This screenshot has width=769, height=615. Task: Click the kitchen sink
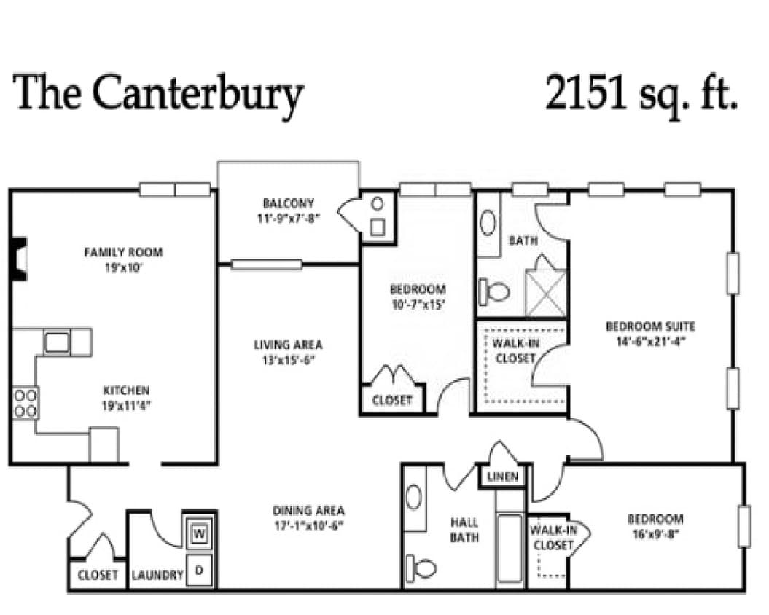click(x=56, y=341)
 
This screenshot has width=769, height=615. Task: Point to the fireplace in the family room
click(x=19, y=258)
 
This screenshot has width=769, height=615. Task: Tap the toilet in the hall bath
click(x=421, y=565)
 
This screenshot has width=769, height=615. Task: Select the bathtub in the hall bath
click(x=509, y=549)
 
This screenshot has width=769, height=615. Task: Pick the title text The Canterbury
click(x=158, y=93)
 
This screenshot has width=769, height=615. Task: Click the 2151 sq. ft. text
click(x=641, y=93)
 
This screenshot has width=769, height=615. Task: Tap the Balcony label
click(x=289, y=203)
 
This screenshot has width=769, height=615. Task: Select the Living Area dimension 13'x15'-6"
click(x=288, y=359)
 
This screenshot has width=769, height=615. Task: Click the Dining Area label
click(x=308, y=511)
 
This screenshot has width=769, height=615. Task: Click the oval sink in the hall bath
click(x=414, y=498)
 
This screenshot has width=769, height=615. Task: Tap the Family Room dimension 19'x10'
click(x=124, y=267)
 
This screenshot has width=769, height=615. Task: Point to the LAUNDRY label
click(x=157, y=575)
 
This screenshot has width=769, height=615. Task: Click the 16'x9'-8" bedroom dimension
click(x=655, y=533)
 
